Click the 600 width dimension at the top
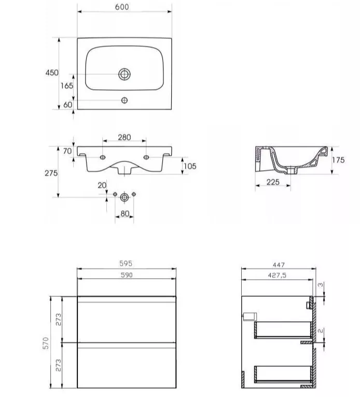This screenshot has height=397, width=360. click(x=122, y=7)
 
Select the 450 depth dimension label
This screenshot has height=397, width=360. click(x=52, y=73)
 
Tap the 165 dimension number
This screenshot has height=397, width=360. click(x=66, y=86)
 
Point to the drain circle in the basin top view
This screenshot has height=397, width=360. click(x=124, y=74)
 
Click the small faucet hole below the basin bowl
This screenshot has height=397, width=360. click(x=124, y=100)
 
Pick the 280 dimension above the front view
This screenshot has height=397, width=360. click(x=124, y=137)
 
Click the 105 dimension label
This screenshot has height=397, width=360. click(x=190, y=166)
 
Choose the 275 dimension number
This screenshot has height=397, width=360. click(x=51, y=173)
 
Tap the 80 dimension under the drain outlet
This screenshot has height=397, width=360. click(x=124, y=214)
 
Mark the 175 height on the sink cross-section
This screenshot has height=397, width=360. click(x=338, y=160)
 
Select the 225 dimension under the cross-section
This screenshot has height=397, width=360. click(x=273, y=182)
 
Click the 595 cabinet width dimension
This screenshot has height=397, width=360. click(x=126, y=264)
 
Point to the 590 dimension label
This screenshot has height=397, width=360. click(x=127, y=275)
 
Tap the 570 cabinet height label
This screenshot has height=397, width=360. click(x=46, y=344)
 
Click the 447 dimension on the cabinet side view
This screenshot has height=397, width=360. click(x=279, y=265)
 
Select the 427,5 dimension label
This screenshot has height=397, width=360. click(x=277, y=275)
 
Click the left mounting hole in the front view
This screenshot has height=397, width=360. click(x=103, y=157)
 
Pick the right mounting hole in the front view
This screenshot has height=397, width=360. click(x=146, y=157)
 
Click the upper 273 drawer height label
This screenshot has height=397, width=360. click(x=58, y=320)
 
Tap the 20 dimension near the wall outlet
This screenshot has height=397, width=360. click(x=102, y=185)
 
